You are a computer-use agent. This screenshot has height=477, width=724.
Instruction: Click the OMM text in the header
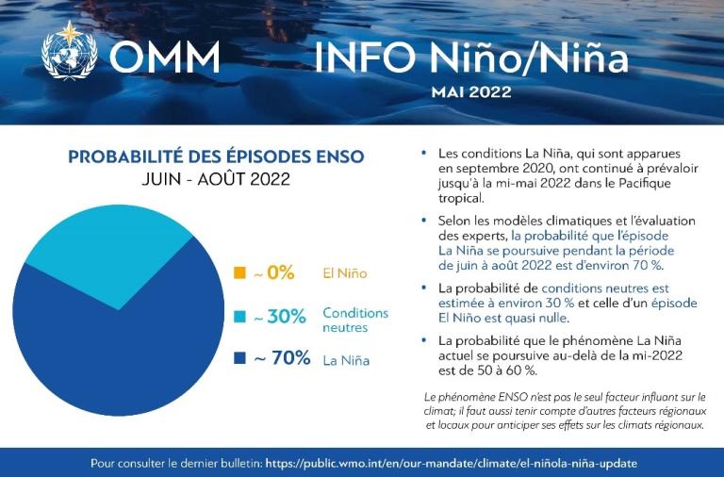[x=165, y=57]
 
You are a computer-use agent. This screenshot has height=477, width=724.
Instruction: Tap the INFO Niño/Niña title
[x=470, y=57]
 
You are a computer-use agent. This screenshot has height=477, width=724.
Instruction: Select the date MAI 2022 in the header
[x=470, y=92]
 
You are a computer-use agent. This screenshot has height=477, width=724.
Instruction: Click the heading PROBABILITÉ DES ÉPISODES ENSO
[x=216, y=156]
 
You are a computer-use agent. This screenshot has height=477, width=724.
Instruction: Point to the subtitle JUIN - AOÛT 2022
[x=216, y=178]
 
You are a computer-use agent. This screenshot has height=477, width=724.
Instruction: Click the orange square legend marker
[x=239, y=273]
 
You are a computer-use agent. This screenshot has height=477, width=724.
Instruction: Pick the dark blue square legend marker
[x=239, y=359]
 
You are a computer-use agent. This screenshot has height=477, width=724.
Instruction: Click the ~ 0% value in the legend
[x=273, y=273]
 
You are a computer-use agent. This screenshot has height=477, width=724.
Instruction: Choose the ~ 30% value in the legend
[x=280, y=317]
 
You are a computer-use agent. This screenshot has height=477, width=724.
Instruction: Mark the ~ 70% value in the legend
[x=281, y=359]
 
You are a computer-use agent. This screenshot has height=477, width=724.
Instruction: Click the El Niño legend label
[x=344, y=273]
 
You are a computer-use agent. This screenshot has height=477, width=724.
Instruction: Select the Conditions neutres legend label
[x=354, y=320]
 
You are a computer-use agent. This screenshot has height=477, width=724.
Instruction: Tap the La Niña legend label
[x=345, y=360]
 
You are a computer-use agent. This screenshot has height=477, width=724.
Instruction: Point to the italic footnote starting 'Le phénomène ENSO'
[x=565, y=411]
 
